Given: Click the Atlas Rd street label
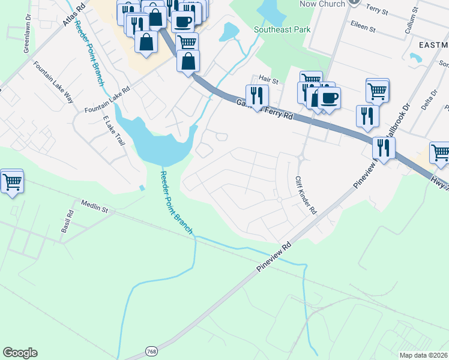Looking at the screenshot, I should point(72,18).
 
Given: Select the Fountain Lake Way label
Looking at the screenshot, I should point(53,82).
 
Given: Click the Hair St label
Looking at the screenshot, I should point(270,80).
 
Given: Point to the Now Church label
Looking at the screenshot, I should point(323,4).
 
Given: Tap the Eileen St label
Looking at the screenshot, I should point(363,28).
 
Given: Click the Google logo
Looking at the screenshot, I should point(20,353).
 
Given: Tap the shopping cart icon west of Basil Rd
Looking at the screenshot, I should point(12,182).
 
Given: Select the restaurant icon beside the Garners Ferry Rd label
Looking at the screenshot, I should point(256,97).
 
